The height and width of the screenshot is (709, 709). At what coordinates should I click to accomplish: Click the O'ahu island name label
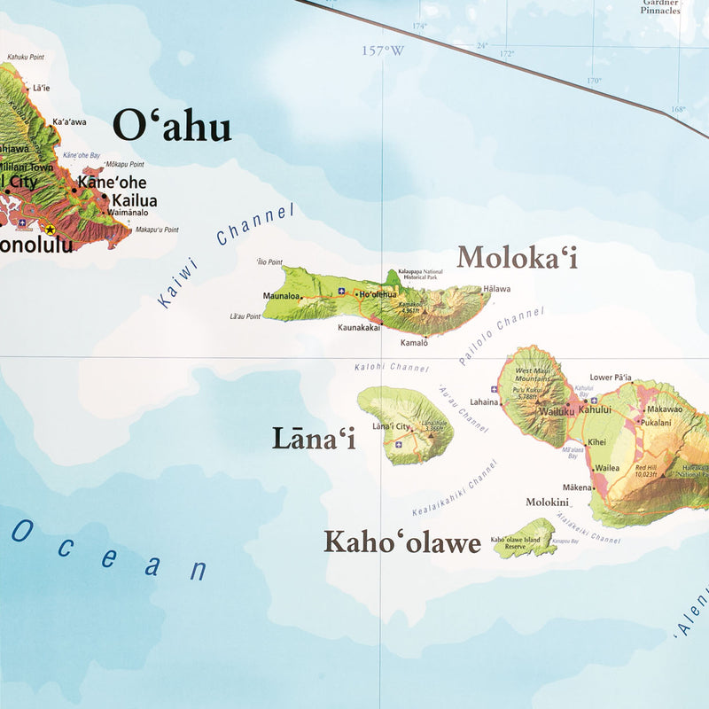174,127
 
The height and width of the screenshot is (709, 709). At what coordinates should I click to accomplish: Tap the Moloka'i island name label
517,258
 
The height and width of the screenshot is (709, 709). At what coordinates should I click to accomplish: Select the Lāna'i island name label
314,438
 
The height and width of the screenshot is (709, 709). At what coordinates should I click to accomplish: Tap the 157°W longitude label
382,51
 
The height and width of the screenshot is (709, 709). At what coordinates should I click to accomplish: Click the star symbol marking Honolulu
50,230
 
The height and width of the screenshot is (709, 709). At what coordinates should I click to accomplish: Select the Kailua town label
135,200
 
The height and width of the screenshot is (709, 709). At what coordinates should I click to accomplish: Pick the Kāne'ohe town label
113,183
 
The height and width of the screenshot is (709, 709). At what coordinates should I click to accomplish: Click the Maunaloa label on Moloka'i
281,296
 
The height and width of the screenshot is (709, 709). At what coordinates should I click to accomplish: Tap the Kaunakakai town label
359,327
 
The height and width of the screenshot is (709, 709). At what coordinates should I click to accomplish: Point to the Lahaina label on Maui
484,401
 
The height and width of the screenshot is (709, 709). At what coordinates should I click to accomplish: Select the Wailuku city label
557,411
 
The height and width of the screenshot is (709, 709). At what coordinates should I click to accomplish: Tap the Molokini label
547,502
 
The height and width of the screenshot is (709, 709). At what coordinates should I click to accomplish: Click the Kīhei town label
596,441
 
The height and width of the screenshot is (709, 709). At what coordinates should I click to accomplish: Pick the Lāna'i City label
391,426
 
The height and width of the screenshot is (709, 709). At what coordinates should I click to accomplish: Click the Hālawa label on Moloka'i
497,289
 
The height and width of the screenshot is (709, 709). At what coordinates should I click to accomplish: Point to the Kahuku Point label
25,58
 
